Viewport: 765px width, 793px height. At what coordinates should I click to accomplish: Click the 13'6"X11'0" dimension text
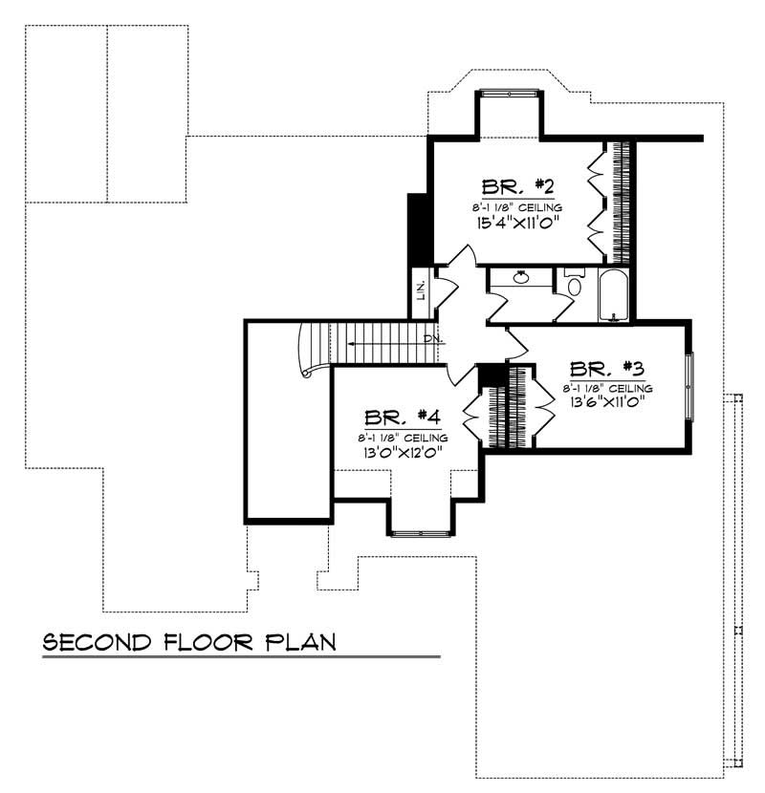pos(606,403)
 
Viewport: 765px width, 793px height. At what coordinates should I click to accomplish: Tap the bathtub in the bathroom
pos(612,296)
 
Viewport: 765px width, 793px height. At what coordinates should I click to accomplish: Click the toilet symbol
pos(574,285)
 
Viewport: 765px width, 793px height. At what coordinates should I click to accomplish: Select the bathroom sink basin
pos(521,278)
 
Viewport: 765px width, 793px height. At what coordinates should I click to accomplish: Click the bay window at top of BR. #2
pos(510,94)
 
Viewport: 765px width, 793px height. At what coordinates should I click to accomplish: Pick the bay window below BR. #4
pos(420,531)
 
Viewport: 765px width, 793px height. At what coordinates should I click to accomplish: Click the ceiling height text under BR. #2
pos(516,206)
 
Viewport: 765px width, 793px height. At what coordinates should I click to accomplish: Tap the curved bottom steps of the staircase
pos(311,352)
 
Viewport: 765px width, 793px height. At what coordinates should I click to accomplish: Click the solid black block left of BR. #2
pos(418,229)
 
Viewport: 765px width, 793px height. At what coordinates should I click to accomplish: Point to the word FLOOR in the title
pos(207,641)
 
